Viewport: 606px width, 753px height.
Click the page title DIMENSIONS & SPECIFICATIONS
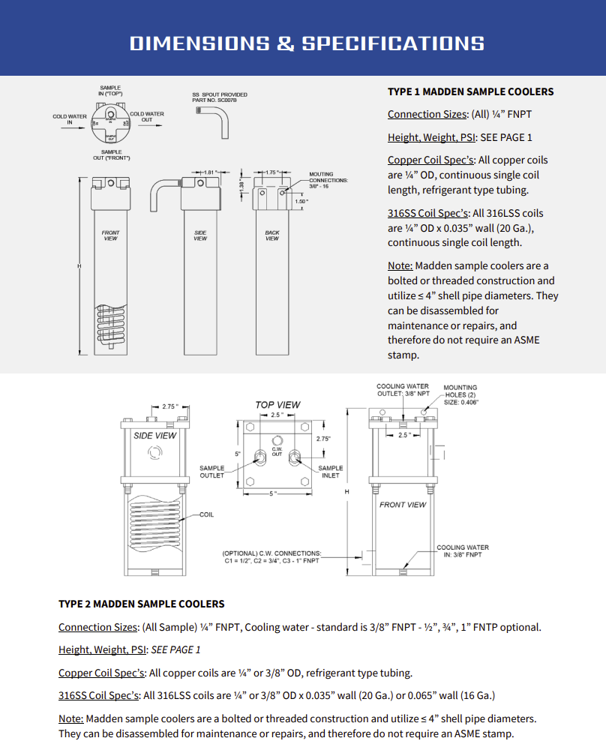(x=307, y=43)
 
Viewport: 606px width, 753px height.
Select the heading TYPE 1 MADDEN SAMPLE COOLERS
(x=470, y=91)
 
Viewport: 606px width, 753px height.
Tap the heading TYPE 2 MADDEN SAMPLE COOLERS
(x=141, y=604)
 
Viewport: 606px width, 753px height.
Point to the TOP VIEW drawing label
(x=277, y=405)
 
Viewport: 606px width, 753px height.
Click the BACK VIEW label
(x=271, y=235)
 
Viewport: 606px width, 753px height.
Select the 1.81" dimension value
(x=210, y=172)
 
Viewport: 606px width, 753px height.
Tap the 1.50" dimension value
(x=301, y=202)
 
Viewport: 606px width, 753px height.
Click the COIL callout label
(x=207, y=515)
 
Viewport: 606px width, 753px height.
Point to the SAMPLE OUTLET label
(x=211, y=472)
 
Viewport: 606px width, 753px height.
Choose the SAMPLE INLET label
(x=330, y=472)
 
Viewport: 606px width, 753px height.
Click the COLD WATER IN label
(x=69, y=120)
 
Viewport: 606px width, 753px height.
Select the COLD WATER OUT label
(x=147, y=117)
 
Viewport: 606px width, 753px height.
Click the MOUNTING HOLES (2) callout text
(x=460, y=391)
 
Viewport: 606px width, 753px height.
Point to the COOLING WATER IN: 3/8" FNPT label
(x=463, y=551)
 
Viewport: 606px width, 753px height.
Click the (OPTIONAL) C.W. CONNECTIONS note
(x=271, y=557)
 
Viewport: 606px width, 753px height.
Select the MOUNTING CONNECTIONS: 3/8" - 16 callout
(x=328, y=181)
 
